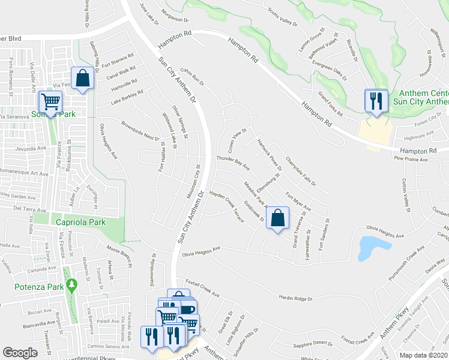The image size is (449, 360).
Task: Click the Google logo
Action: pos(20,352)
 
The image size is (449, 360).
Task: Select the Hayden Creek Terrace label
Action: pos(226,207)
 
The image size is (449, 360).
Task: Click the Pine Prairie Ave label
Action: pos(411,160)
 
